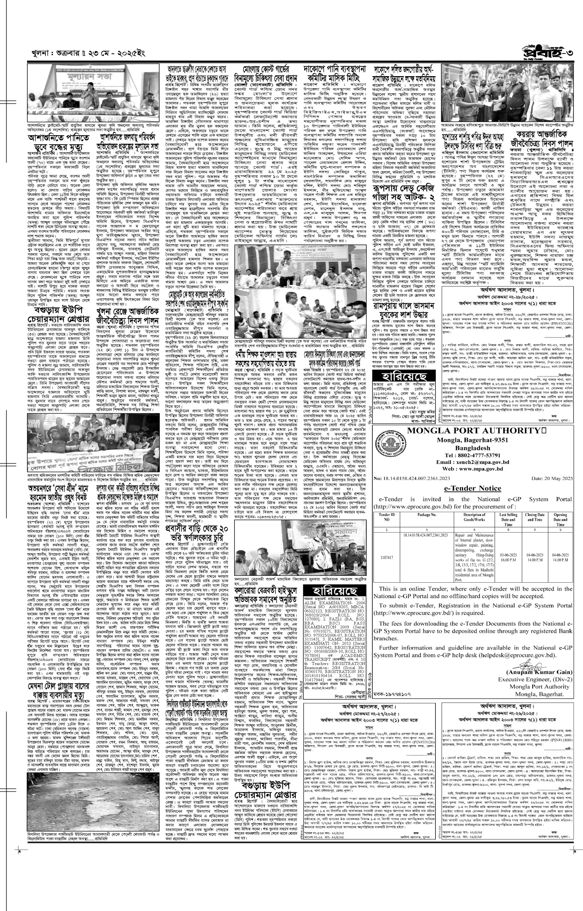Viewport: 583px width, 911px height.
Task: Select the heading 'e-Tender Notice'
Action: [473, 488]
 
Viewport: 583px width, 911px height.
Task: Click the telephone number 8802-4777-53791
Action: [472, 455]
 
